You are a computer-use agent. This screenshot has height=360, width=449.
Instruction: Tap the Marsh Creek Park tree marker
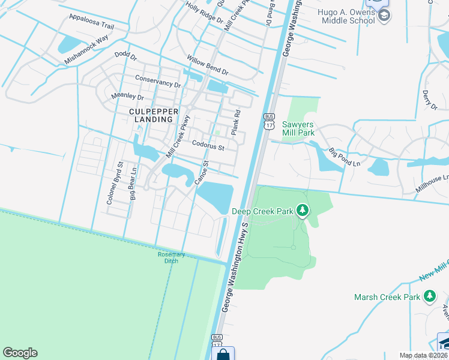(429, 296)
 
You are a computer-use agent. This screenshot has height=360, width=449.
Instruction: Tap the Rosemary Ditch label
(171, 257)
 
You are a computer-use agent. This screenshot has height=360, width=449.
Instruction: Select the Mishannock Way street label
(86, 48)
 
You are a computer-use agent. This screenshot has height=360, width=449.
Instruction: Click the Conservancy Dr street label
(158, 82)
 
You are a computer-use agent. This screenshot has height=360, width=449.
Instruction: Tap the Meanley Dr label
(128, 97)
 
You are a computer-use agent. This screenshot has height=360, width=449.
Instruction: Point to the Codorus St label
(208, 145)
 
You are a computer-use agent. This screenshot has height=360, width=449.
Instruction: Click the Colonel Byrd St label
(113, 182)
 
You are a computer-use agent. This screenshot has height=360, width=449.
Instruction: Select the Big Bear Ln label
(133, 186)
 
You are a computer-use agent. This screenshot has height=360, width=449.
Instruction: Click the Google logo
(20, 353)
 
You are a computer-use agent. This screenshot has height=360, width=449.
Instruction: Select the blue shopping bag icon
(223, 354)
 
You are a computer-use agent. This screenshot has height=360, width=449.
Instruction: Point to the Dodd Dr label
(126, 56)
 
